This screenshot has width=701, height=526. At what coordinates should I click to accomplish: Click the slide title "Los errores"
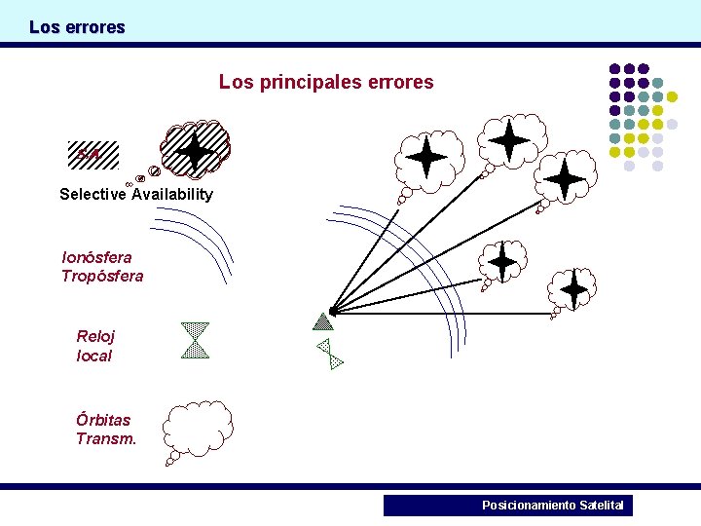77,27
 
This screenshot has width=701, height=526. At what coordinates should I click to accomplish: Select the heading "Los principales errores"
326,82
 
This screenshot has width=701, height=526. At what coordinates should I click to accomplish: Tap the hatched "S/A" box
92,155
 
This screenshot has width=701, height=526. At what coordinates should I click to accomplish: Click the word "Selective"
92,194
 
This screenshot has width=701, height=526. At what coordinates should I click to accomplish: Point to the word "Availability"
172,194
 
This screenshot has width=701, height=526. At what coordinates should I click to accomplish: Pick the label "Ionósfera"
96,257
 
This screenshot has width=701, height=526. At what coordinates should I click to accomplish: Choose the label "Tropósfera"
102,276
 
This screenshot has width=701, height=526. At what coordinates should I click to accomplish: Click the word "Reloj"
95,336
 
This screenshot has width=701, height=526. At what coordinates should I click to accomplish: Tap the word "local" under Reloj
93,356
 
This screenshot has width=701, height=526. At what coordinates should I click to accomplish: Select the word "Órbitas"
103,420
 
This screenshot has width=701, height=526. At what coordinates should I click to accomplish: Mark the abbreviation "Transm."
106,438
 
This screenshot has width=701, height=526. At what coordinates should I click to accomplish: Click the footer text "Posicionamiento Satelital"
552,506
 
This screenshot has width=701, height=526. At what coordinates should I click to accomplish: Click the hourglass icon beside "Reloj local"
196,340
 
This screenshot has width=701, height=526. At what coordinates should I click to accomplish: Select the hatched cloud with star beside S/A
195,149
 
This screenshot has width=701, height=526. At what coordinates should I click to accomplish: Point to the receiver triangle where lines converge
324,320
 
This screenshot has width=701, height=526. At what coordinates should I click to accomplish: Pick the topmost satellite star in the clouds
509,140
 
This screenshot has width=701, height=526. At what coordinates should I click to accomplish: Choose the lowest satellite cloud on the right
573,288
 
